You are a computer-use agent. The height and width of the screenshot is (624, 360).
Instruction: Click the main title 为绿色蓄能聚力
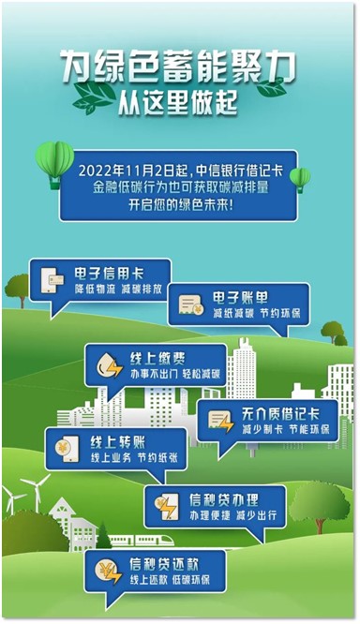[178, 69]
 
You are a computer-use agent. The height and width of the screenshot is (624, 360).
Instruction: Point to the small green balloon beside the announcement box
[300, 180]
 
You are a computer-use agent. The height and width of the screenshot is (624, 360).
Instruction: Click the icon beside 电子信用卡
[52, 280]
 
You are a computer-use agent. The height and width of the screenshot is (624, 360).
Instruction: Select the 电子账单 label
[240, 298]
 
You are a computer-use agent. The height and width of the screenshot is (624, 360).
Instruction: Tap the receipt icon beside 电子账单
[190, 305]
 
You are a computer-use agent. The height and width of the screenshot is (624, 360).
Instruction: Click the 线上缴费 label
[157, 359]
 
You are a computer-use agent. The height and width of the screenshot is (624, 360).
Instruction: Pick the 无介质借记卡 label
[280, 414]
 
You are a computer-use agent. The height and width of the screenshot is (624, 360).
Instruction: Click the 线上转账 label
[118, 442]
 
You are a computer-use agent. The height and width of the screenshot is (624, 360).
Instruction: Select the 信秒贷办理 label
[224, 499]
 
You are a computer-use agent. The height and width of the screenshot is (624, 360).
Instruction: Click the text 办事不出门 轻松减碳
[175, 374]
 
